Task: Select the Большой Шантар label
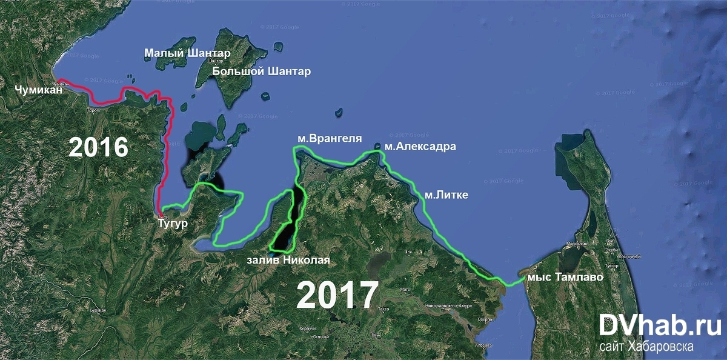pyautogui.click(x=262, y=72)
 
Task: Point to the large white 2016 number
pyautogui.click(x=98, y=147)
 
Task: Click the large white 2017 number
pyautogui.click(x=337, y=296)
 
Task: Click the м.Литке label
pyautogui.click(x=444, y=195)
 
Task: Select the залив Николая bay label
pyautogui.click(x=288, y=261)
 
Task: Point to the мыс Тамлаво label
pyautogui.click(x=565, y=278)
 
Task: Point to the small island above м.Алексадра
pyautogui.click(x=378, y=146)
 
